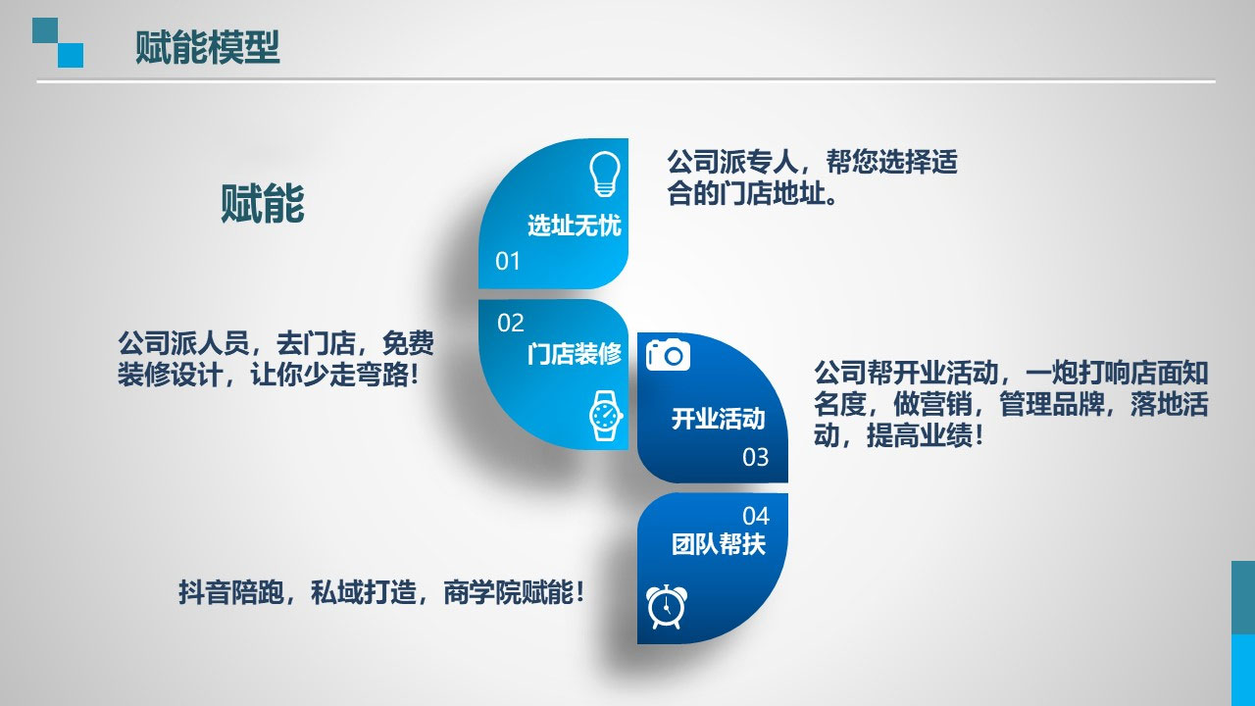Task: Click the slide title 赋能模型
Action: coord(207,48)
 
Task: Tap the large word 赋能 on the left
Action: coord(262,203)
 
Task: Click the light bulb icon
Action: coord(605,174)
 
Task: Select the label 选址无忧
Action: coord(575,226)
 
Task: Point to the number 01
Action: coord(508,261)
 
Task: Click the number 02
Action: coord(511,323)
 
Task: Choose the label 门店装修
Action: coord(575,354)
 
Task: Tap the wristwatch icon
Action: coord(606,416)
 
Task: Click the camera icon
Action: coord(668,354)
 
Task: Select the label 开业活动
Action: coord(719,419)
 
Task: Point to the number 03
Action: coord(755,457)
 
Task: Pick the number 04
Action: coord(756,516)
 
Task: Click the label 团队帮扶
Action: coord(719,543)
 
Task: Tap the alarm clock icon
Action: coord(667,607)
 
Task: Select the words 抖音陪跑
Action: coord(231,592)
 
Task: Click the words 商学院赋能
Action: coord(509,592)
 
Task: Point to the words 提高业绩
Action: coord(920,435)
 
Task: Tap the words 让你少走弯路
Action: coord(329,375)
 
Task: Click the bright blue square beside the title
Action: coord(71,56)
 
